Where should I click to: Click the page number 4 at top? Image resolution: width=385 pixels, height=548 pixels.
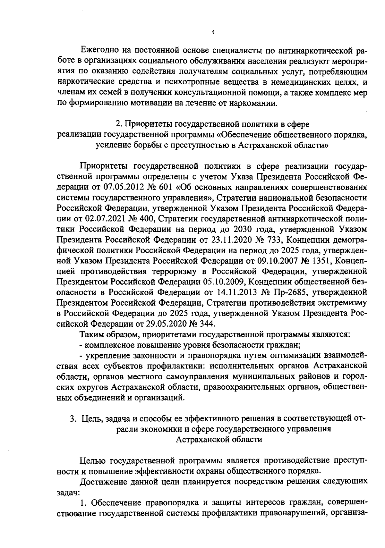click(x=213, y=32)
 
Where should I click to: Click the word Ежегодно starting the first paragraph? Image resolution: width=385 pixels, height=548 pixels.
click(x=99, y=51)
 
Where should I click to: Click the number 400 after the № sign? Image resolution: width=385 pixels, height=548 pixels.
click(x=149, y=218)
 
